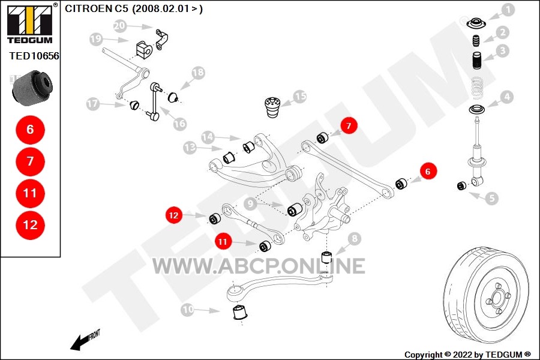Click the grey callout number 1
coord(508,10)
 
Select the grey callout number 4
coord(508,96)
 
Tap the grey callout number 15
coord(299,96)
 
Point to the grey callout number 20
coord(119,25)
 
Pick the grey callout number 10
coord(188,310)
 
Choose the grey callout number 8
coord(355,239)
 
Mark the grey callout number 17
coord(92,104)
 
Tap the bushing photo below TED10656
coord(32,86)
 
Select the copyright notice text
coord(467,355)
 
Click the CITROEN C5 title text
coord(133,9)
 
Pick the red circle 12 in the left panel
coord(30,225)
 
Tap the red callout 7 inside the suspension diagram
coord(349,125)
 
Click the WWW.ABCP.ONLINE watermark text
coord(259,265)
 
